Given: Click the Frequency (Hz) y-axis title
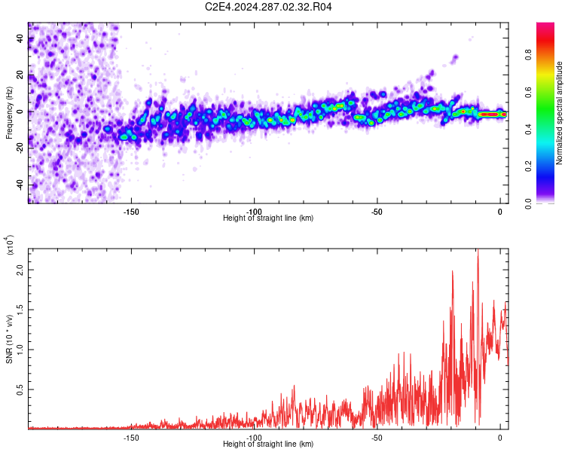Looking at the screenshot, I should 9,112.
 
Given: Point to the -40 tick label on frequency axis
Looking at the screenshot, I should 21,185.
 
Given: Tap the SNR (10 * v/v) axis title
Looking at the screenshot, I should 10,339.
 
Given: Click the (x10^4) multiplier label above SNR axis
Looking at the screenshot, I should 10,246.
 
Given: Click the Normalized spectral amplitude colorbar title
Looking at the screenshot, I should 560,112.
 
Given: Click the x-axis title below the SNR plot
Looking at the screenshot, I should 268,444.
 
